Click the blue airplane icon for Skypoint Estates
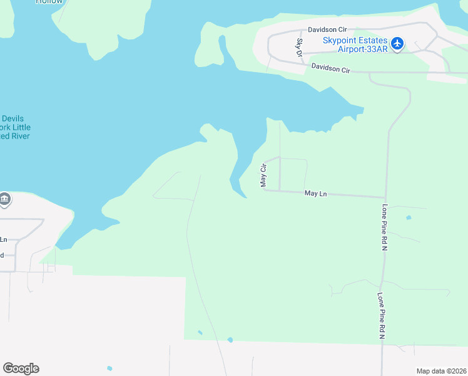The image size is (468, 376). pyautogui.click(x=397, y=44)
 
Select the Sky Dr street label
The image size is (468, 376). pyautogui.click(x=299, y=47)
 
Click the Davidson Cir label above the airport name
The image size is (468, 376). pyautogui.click(x=327, y=29)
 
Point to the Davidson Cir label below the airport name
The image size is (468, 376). pyautogui.click(x=330, y=68)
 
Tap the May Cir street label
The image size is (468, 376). pyautogui.click(x=263, y=175)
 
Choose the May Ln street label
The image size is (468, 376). pyautogui.click(x=315, y=194)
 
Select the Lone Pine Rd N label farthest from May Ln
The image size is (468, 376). pyautogui.click(x=380, y=316)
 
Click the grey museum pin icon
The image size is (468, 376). pyautogui.click(x=4, y=199)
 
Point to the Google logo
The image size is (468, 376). pyautogui.click(x=21, y=368)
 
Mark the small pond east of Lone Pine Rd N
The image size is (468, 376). pyautogui.click(x=409, y=217)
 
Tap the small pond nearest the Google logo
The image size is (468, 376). pyautogui.click(x=110, y=368)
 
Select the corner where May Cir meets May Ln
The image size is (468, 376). pyautogui.click(x=266, y=190)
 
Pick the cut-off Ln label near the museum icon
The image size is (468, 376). pyautogui.click(x=4, y=239)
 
